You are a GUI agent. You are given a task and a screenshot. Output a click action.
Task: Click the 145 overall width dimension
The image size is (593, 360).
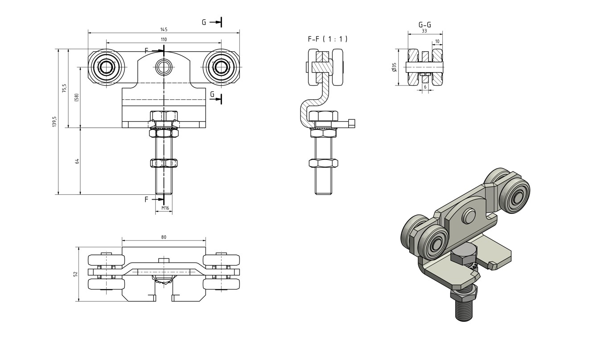coord(164,29)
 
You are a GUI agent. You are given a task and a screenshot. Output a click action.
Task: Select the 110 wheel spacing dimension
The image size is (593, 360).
coord(164,39)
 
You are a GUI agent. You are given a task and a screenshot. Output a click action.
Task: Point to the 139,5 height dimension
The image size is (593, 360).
coord(54,121)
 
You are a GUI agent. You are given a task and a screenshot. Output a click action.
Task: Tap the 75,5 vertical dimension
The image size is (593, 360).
coord(64,88)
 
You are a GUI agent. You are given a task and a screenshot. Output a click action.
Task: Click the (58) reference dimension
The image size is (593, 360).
coord(77,97)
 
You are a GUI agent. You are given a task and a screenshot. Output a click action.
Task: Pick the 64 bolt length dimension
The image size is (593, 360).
coord(77,161)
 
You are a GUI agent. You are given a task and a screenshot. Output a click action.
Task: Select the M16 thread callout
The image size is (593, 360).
coord(165,208)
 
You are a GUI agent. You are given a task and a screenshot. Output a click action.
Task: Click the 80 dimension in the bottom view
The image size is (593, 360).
coord(164,237)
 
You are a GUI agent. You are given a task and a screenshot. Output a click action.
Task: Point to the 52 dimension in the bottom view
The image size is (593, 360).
coord(76,274)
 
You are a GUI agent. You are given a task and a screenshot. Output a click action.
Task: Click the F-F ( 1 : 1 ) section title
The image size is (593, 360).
coord(327,39)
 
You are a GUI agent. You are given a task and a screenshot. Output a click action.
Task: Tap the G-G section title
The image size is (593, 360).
coord(424,25)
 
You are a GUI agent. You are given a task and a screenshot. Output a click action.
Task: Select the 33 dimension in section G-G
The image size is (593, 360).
coord(424,31)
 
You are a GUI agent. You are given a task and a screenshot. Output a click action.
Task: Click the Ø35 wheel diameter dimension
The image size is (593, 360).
coord(394,67)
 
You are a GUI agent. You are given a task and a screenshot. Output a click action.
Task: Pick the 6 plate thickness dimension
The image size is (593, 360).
coord(425,87)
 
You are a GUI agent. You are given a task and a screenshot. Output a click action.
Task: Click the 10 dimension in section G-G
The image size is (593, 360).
coord(437,41)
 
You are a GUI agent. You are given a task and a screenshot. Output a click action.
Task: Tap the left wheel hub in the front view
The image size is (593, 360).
coord(107,67)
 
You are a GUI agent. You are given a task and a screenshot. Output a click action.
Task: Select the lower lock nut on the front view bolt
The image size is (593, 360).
coord(164,163)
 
